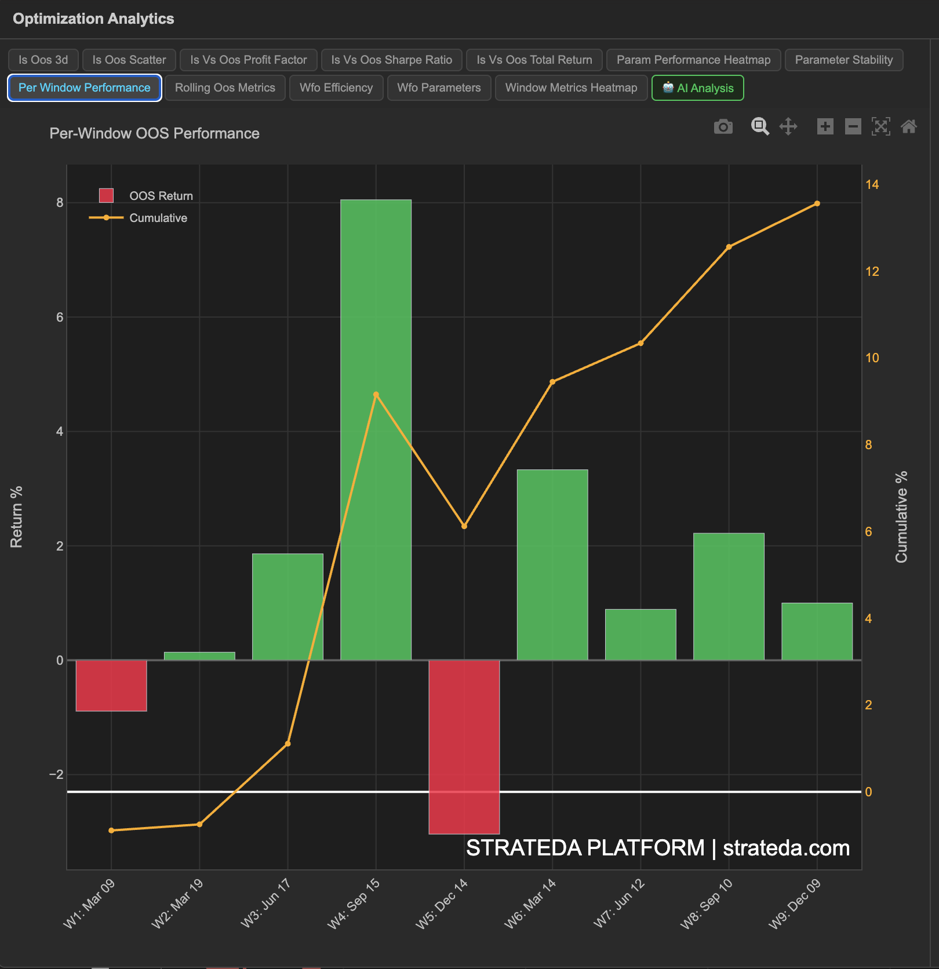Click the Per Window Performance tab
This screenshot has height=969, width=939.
(x=84, y=88)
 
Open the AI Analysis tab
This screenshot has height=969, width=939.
(x=697, y=88)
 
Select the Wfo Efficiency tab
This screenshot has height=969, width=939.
(x=336, y=88)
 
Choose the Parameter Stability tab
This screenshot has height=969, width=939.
(x=843, y=60)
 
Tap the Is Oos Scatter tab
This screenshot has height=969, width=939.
(x=129, y=60)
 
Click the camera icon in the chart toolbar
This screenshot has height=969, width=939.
(x=723, y=126)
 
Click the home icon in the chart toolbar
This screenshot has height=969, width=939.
(x=908, y=126)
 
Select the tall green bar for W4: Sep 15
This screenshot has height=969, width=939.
(x=376, y=429)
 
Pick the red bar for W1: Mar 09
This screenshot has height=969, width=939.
(x=111, y=685)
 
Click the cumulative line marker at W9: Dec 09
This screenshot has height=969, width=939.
(x=817, y=203)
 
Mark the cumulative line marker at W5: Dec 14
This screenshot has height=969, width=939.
(x=464, y=526)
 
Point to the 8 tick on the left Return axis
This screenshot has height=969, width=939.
(x=60, y=203)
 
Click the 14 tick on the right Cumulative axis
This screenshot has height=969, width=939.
(x=871, y=184)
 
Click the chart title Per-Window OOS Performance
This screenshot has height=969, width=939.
(x=154, y=133)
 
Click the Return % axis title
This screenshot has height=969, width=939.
(x=16, y=516)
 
